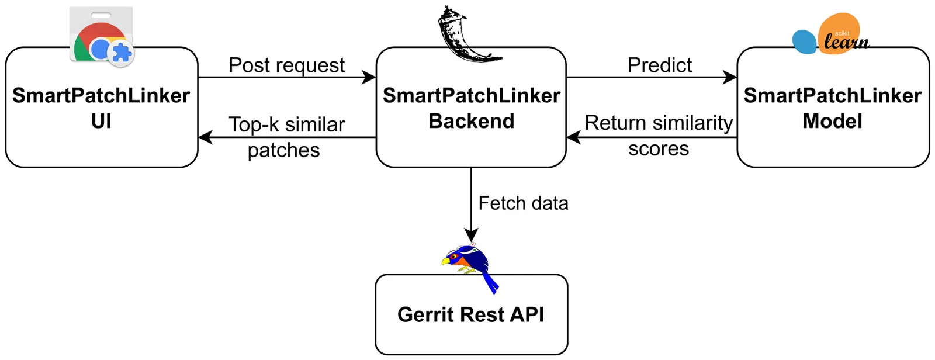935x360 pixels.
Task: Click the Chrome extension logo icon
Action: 102,36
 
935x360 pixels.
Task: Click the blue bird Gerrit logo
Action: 470,266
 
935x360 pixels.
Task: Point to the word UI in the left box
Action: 101,121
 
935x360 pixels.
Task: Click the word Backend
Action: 471,121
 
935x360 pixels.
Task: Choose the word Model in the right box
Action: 832,121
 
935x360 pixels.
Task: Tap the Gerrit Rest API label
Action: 470,314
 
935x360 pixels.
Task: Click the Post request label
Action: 286,65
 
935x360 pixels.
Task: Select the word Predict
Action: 659,65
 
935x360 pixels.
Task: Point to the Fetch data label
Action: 523,203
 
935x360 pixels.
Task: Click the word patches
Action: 283,150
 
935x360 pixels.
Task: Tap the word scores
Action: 659,149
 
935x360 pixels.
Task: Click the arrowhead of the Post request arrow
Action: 370,77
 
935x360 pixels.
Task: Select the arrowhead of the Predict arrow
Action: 730,77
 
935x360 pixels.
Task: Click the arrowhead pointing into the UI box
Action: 205,137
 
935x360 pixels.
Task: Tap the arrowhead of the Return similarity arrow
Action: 573,137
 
